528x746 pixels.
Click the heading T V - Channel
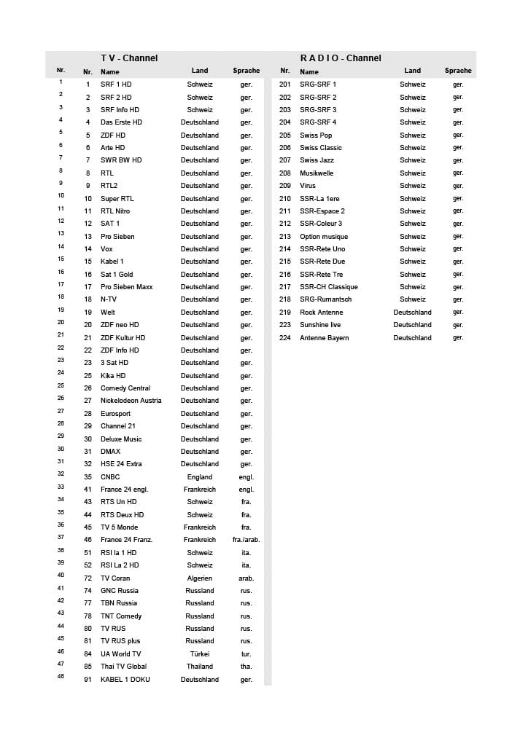point(129,58)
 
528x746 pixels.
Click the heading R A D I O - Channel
point(341,58)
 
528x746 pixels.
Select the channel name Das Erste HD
point(121,122)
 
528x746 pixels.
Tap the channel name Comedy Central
point(125,388)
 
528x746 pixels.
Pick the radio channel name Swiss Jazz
point(317,160)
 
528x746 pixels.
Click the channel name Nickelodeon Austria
point(131,401)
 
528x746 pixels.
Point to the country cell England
point(200,477)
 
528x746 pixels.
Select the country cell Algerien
point(200,578)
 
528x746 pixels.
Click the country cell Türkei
point(200,654)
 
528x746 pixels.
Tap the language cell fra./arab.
point(246,540)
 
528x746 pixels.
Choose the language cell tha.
point(246,667)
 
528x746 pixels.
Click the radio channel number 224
point(285,338)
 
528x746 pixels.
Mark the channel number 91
point(88,680)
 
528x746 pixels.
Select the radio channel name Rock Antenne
point(321,313)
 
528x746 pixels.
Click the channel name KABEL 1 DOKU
point(125,680)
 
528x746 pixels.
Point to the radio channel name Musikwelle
point(317,173)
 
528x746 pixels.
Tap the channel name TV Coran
point(115,578)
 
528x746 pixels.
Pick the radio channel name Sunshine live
point(320,325)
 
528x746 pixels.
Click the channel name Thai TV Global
point(123,667)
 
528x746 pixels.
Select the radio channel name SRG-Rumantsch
point(325,299)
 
